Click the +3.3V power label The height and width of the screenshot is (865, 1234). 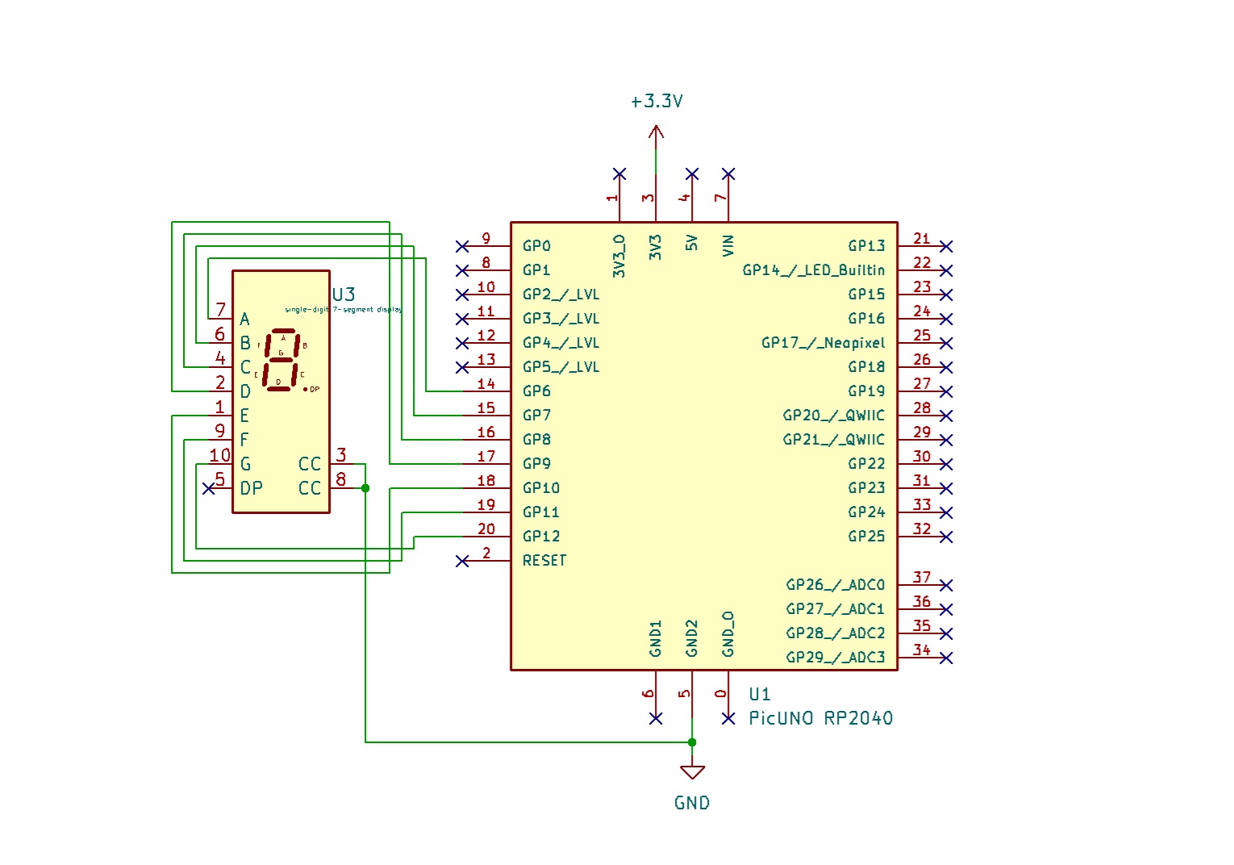(657, 102)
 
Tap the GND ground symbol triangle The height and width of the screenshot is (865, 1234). (692, 771)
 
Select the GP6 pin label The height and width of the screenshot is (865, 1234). (536, 391)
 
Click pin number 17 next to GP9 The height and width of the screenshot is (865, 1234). (486, 456)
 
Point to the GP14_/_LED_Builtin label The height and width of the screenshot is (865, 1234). (813, 270)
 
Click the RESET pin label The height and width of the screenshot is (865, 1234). (544, 561)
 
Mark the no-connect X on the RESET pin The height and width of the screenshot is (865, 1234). (462, 561)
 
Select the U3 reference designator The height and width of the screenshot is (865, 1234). (344, 295)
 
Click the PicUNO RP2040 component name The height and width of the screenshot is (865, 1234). (820, 718)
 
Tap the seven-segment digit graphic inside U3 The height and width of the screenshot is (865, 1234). (281, 360)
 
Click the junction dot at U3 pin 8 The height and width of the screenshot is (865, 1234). (365, 488)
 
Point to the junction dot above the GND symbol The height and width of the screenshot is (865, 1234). (692, 742)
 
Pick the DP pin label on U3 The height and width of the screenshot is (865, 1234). (251, 488)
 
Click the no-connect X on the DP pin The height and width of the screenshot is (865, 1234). (208, 488)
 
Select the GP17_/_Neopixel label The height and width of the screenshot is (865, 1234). (823, 343)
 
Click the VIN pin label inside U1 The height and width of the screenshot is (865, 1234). (728, 245)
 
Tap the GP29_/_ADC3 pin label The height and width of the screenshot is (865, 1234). (835, 658)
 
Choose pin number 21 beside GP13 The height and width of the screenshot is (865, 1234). (922, 239)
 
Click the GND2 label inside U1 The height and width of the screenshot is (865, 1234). (692, 637)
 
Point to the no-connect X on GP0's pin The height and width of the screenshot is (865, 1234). (462, 246)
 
